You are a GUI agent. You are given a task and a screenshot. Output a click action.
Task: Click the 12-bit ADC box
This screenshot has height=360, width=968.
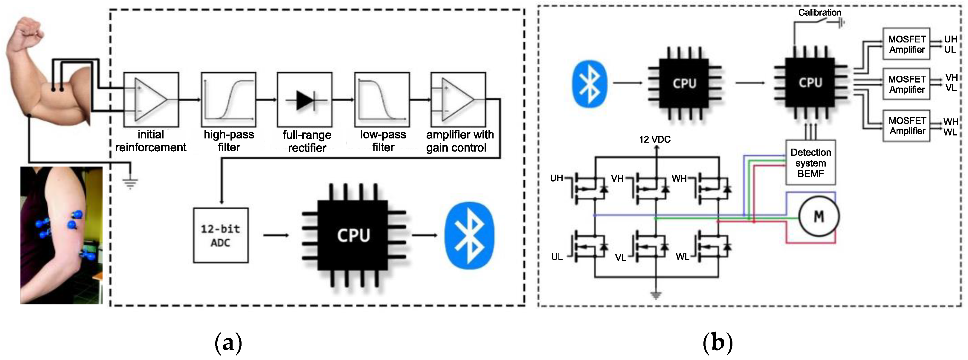[221, 235]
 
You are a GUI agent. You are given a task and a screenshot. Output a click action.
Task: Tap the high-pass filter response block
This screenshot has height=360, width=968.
[228, 100]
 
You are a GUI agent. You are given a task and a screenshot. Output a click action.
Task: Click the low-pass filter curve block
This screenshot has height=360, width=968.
[382, 100]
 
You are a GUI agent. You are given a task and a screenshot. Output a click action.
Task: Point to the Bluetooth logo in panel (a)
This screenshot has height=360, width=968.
[469, 236]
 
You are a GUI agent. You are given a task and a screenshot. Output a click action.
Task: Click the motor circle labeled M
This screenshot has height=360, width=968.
[819, 216]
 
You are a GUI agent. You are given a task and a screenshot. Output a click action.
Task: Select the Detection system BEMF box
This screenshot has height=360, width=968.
[810, 163]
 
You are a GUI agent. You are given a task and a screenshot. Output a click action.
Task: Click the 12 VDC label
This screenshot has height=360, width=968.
[655, 139]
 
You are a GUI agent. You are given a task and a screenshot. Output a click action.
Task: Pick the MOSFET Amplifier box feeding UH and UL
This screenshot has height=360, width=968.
[906, 44]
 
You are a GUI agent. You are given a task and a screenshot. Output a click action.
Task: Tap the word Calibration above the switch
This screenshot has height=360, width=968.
[819, 12]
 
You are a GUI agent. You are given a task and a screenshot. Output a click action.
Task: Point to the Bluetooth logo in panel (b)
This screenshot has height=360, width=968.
[590, 84]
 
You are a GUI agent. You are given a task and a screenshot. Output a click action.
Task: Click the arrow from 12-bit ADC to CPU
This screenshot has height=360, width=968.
[276, 235]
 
